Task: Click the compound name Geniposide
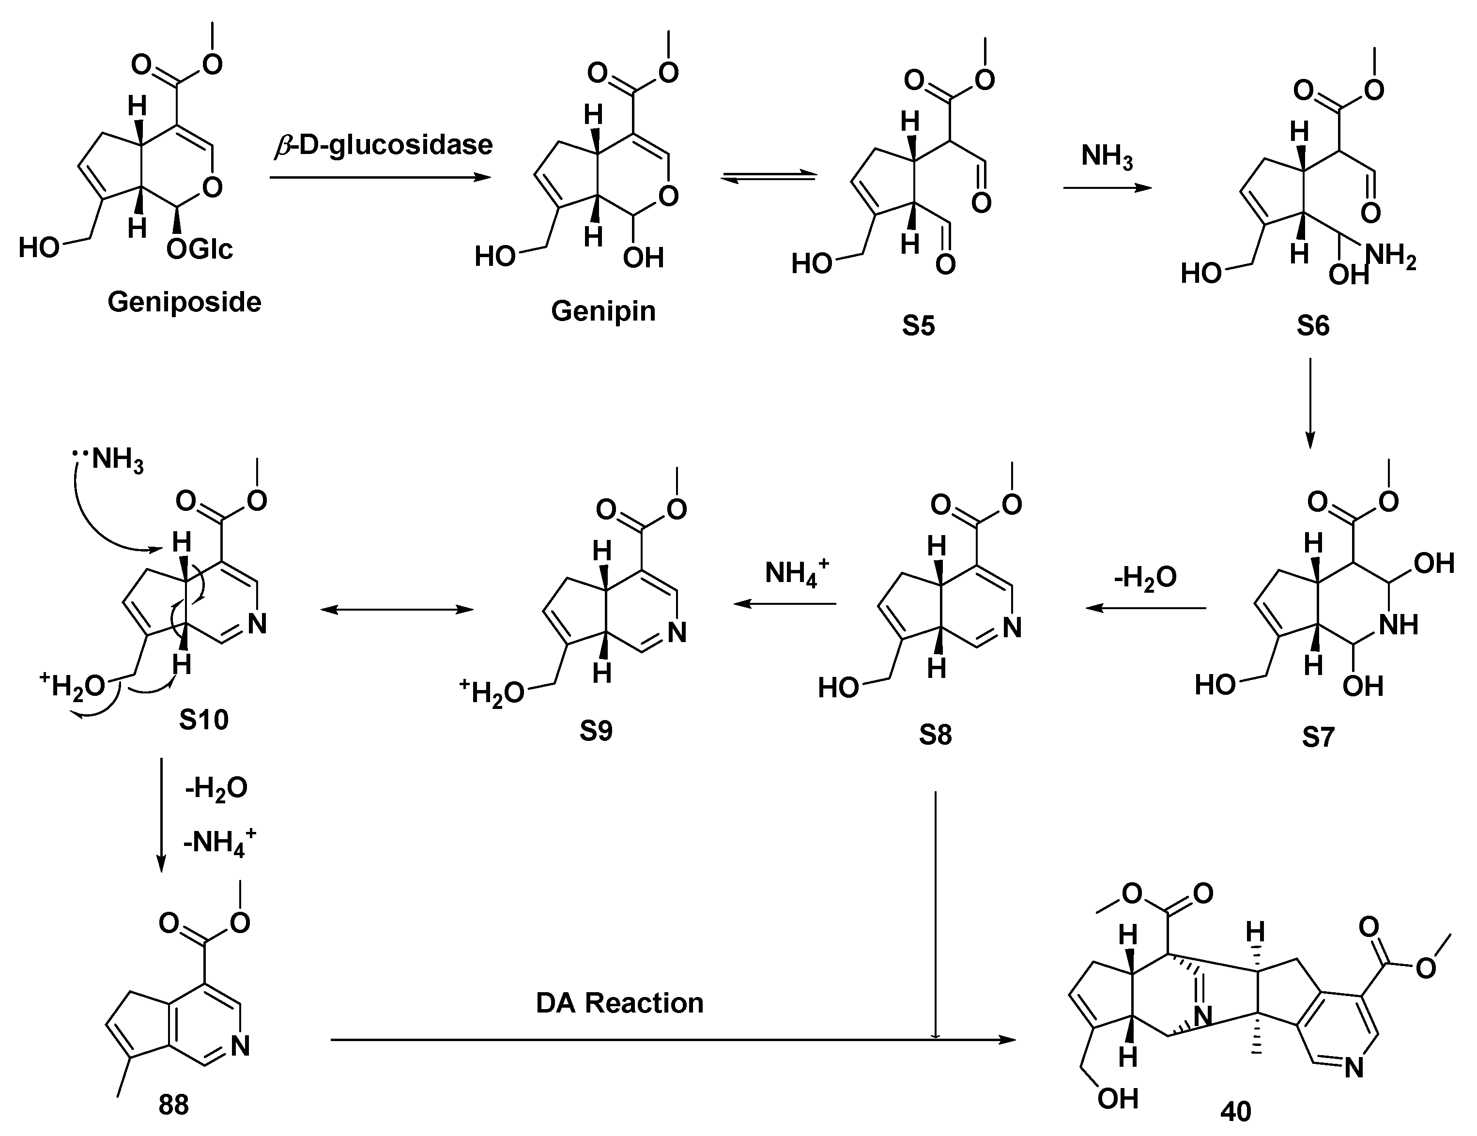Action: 184,302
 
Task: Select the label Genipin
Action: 603,311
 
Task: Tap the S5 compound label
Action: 918,326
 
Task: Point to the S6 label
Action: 1313,326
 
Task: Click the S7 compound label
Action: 1318,737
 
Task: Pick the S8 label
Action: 935,735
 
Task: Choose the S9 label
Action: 596,731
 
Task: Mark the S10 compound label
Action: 203,720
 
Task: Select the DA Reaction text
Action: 619,1003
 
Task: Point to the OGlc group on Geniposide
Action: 200,249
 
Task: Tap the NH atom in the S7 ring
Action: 1399,625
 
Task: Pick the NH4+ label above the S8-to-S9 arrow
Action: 796,573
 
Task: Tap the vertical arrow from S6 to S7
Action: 1310,402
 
